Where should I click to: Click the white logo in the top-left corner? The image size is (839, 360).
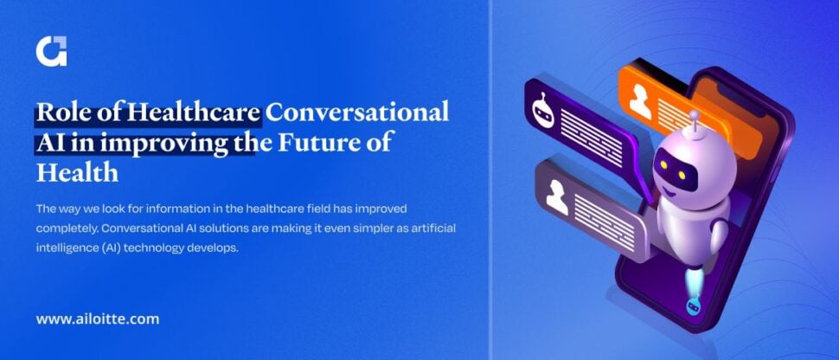[x=51, y=52]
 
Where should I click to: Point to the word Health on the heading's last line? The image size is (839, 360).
[x=77, y=171]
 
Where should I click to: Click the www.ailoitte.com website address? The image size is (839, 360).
[x=98, y=318]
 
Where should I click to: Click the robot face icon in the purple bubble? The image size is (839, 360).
[x=540, y=107]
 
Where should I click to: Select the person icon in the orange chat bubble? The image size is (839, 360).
[x=641, y=102]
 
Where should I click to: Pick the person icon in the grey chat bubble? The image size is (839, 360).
[x=556, y=197]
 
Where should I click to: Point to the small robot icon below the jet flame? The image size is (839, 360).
[x=692, y=306]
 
